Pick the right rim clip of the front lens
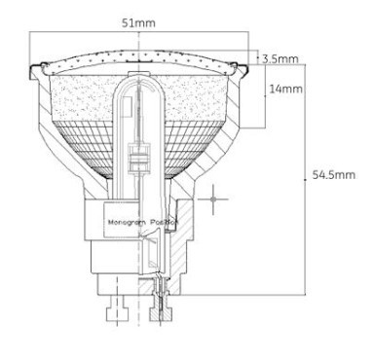pyautogui.click(x=237, y=67)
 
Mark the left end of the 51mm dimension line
pyautogui.click(x=30, y=31)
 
